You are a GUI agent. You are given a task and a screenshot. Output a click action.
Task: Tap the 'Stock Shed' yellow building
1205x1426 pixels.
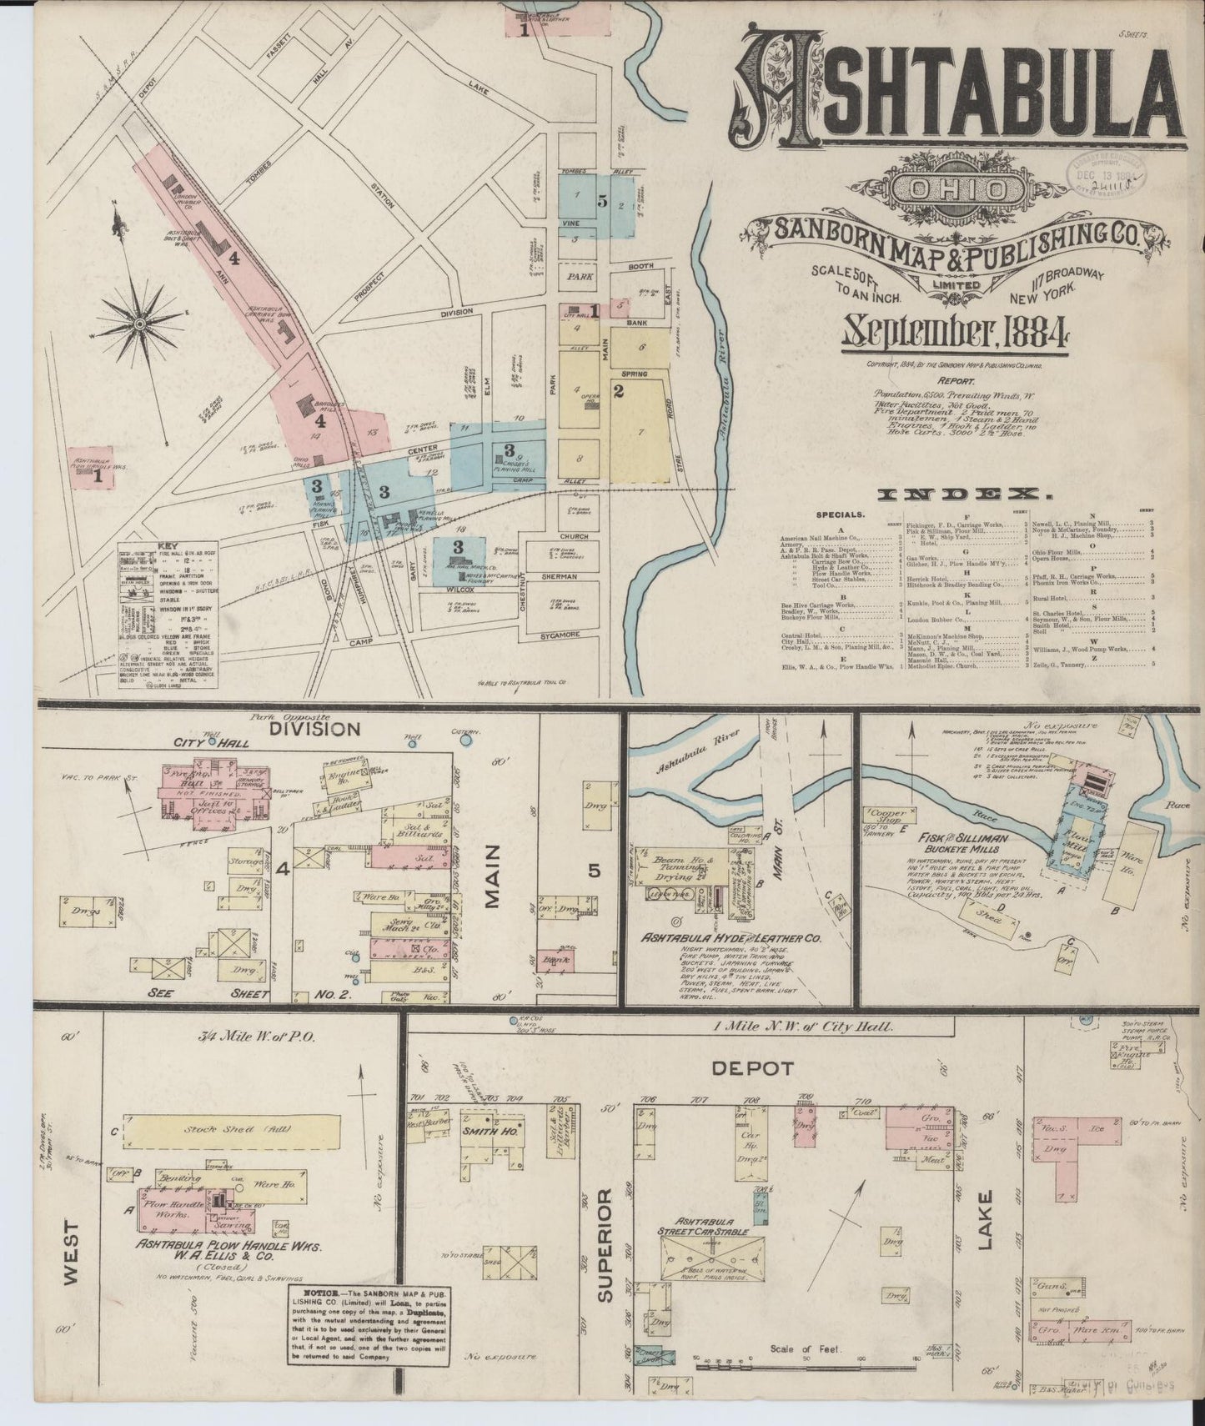point(230,1132)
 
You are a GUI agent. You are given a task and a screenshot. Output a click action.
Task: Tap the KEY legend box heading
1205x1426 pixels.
point(168,546)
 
